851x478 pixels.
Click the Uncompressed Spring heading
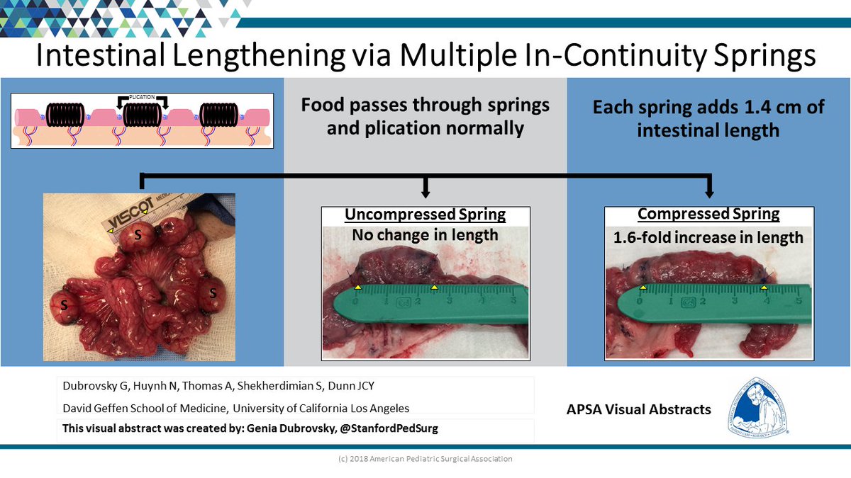[x=424, y=215]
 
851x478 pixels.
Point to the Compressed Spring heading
[x=708, y=214]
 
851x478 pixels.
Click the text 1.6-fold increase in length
[x=708, y=237]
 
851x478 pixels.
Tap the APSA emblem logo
[x=757, y=407]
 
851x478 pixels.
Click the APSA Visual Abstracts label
[x=638, y=409]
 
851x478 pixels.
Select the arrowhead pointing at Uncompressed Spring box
[x=425, y=191]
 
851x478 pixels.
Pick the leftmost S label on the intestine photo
[x=64, y=305]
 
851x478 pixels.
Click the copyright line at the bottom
[x=425, y=459]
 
